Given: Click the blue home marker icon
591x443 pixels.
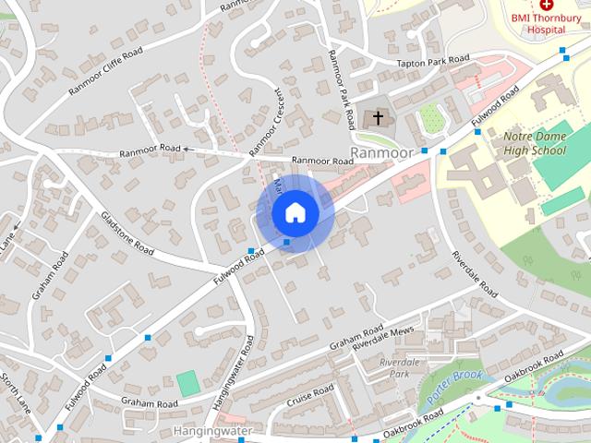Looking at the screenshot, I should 295,212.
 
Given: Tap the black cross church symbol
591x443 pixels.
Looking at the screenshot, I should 377,118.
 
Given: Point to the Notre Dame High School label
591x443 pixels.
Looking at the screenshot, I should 534,143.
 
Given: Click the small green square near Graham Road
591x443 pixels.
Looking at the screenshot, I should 188,384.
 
